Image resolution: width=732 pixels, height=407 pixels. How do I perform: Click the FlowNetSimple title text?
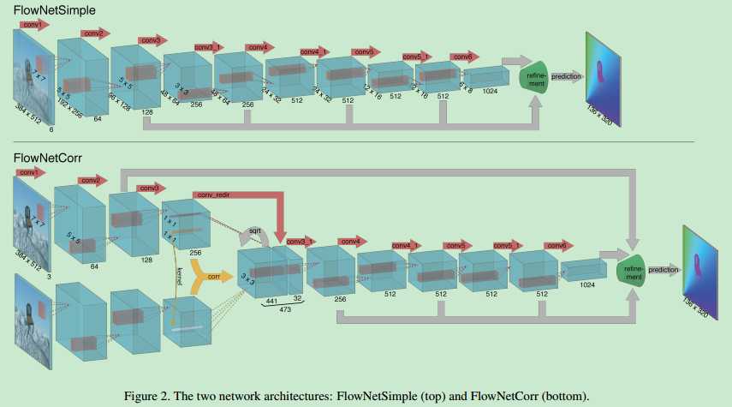53,10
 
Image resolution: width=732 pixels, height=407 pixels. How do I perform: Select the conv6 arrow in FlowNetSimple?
463,57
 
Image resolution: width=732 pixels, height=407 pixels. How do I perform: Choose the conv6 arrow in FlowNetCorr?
558,246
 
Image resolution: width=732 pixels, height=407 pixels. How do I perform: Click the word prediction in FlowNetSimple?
567,76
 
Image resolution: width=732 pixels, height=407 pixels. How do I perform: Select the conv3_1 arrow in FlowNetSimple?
207,46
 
